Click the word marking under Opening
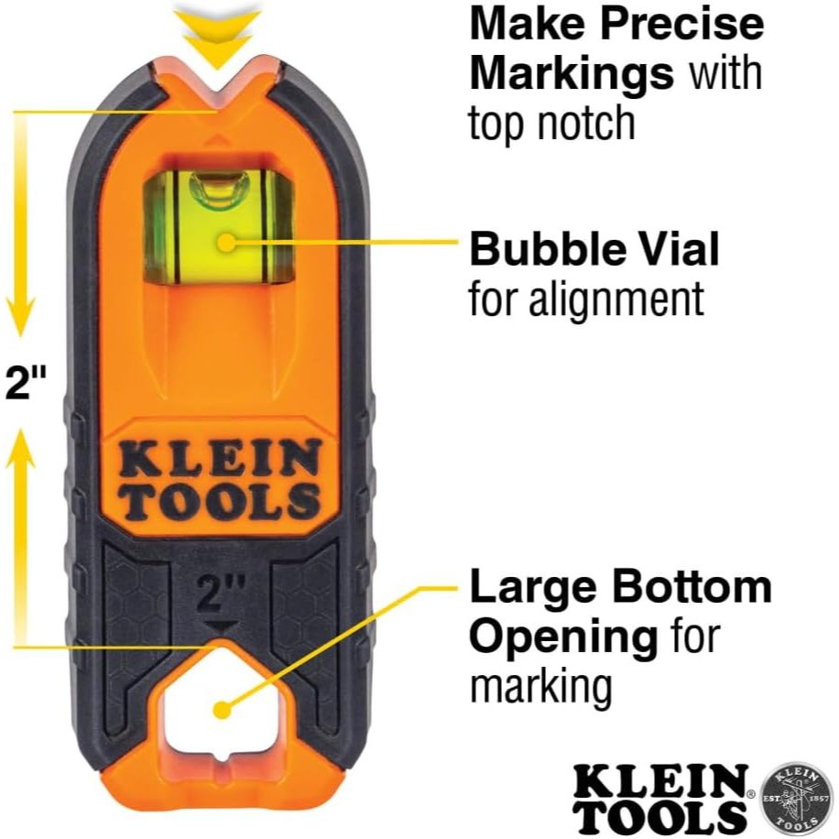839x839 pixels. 540,687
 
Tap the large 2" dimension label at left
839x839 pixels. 25,384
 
